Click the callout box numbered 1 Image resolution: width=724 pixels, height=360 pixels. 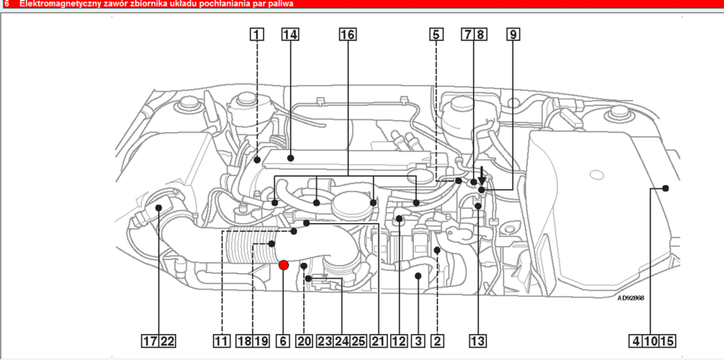tap(257, 34)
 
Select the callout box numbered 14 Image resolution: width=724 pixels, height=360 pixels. tap(290, 34)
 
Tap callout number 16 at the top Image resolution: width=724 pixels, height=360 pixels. tap(348, 34)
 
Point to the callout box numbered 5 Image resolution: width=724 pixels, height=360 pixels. tap(435, 34)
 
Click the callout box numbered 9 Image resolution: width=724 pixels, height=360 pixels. tap(513, 34)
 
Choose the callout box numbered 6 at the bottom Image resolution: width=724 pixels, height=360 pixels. tap(282, 340)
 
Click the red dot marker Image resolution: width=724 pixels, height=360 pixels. tap(284, 265)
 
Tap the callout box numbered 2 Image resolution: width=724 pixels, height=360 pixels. tap(437, 340)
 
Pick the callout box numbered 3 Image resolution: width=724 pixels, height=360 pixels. tap(418, 340)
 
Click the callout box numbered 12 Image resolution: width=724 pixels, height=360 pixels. tap(397, 340)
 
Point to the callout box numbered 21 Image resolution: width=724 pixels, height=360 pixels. tap(377, 340)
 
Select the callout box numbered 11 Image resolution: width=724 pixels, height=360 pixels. tap(222, 340)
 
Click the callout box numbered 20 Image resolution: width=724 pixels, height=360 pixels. tap(304, 340)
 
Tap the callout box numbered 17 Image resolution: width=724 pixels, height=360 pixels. tap(150, 340)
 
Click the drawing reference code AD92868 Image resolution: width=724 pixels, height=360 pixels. tap(631, 297)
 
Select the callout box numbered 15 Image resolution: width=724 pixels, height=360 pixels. tap(667, 340)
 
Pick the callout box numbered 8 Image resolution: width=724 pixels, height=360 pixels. tap(481, 34)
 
